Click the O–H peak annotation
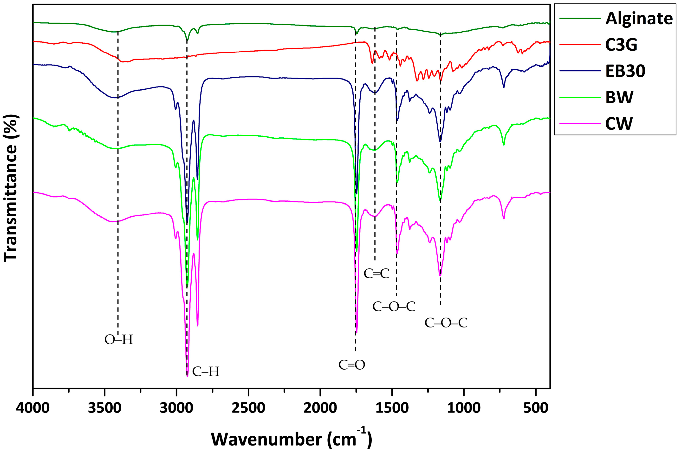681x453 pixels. (119, 340)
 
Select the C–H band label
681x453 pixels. (206, 372)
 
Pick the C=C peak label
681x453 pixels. (376, 273)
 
